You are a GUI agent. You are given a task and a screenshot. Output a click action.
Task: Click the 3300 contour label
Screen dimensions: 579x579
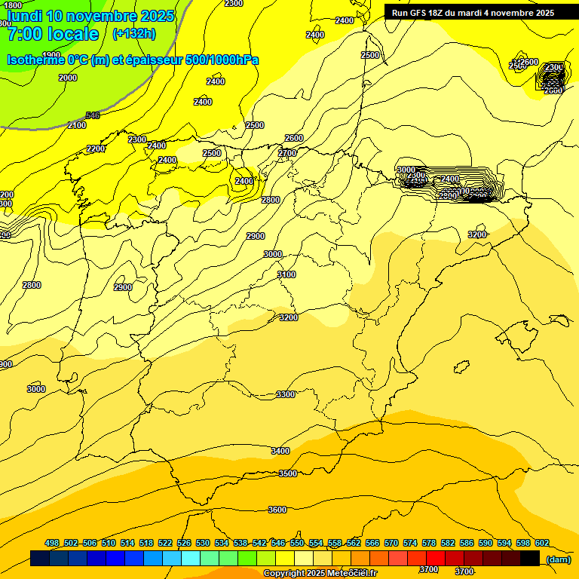tap(286, 394)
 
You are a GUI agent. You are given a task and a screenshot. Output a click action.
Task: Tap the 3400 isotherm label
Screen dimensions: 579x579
tap(280, 451)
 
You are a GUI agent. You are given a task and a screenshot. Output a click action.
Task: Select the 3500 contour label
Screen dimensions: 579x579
tap(287, 473)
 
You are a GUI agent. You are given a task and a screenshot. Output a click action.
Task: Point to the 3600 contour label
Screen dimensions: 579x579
tap(277, 510)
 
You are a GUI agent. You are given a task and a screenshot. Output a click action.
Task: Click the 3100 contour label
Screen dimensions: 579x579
tap(286, 274)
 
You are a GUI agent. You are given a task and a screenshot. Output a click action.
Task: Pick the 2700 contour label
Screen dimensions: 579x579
tap(287, 153)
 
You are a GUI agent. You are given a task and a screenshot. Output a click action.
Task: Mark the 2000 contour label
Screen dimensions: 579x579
tap(68, 78)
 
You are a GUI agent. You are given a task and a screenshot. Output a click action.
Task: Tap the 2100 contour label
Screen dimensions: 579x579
tap(77, 125)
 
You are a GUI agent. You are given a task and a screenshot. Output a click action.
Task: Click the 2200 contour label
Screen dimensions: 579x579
tap(96, 149)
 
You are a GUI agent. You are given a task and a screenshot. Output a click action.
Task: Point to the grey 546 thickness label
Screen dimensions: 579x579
tap(93, 115)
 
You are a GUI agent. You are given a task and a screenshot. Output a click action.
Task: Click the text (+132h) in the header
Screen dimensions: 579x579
tap(133, 33)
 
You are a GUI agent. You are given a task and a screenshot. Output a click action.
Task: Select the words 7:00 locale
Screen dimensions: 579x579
tap(52, 34)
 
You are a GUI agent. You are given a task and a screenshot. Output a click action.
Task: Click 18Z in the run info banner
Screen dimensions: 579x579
tap(437, 13)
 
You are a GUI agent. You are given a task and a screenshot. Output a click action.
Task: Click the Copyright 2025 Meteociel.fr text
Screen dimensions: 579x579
tap(320, 574)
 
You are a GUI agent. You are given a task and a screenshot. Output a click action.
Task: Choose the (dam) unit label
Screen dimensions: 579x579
tap(558, 559)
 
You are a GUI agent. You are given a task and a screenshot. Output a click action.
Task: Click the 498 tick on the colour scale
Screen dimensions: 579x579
tap(52, 543)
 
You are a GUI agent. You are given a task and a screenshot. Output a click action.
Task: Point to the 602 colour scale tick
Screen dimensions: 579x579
tap(542, 543)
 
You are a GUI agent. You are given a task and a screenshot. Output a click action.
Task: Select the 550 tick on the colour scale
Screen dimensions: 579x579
tap(297, 543)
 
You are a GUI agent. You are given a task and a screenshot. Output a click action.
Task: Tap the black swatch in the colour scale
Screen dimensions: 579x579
tap(530, 558)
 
